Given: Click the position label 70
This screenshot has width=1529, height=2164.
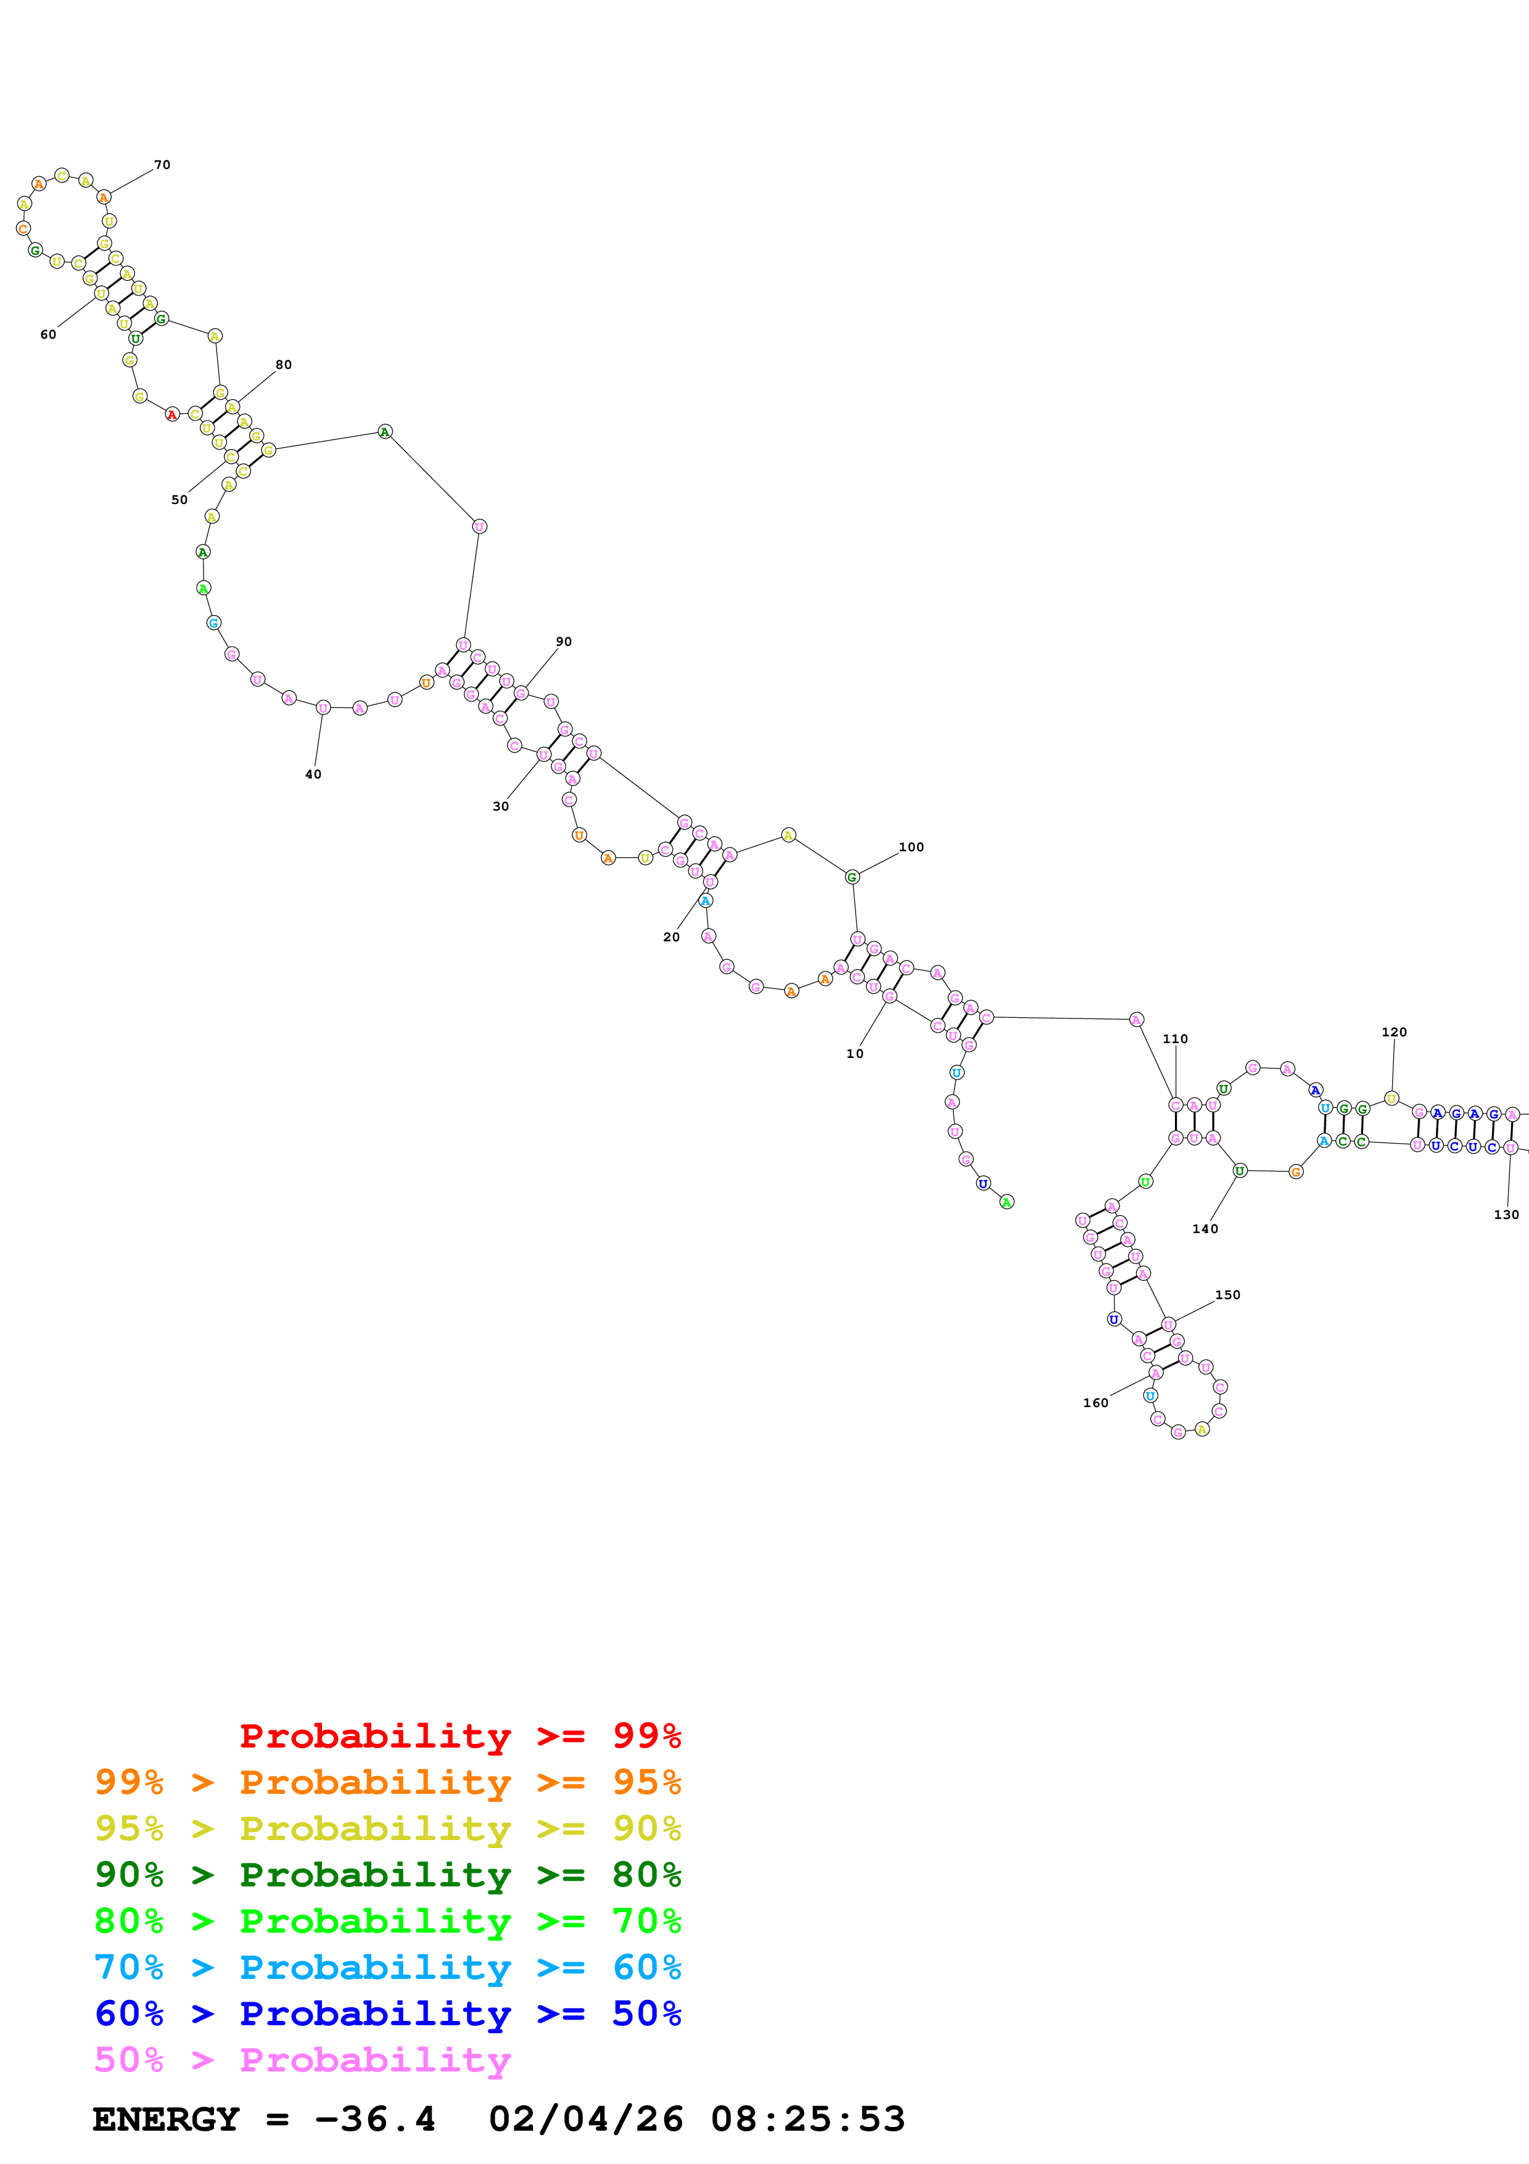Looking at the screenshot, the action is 162,165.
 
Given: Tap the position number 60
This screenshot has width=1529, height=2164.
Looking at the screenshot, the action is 48,334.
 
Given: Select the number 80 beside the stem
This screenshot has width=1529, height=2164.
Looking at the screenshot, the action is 284,365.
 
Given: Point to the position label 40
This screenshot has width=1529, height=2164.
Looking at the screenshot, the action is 313,775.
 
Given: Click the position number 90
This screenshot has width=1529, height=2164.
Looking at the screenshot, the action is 563,642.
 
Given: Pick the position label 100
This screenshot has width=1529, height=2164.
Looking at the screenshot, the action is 911,848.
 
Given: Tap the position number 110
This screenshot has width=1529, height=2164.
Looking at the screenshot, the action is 1175,1039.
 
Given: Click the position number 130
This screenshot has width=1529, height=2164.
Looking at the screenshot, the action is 1506,1215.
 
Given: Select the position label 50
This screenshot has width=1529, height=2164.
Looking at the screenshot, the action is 179,500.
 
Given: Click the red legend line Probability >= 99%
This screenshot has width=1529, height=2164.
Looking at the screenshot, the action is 460,1736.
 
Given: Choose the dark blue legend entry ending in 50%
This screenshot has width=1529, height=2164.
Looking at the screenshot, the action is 387,2013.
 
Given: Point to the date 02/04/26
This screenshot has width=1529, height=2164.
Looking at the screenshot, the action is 585,2120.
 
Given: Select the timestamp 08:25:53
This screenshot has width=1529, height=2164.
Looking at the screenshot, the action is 807,2120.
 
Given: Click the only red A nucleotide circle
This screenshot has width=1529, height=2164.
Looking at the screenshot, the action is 171,415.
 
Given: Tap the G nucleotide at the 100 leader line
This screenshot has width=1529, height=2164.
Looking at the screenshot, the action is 852,877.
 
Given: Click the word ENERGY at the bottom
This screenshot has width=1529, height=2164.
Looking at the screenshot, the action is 166,2120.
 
